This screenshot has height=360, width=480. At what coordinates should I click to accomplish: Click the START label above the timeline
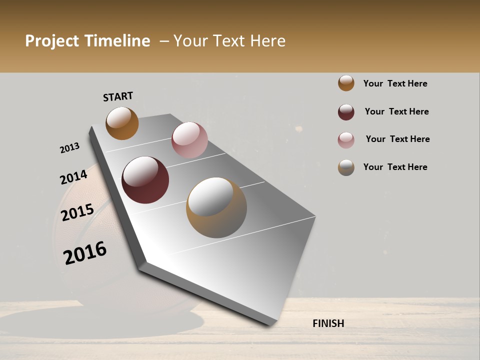[118, 96]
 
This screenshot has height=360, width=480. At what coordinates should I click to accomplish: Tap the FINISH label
[328, 323]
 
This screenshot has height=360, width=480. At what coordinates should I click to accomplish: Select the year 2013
[69, 148]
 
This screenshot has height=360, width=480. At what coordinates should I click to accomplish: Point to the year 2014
[73, 177]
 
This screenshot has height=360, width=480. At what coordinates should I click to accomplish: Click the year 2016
[85, 253]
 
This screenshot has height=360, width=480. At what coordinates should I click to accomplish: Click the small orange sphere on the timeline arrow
[122, 123]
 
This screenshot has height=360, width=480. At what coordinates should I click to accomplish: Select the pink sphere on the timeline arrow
[189, 140]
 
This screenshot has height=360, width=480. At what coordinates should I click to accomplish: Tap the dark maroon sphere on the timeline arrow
[145, 180]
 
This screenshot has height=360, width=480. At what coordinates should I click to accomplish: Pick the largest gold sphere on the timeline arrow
[216, 207]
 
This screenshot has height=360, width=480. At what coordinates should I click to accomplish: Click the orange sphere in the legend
[346, 83]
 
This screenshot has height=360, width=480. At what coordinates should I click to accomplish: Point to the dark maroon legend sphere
[346, 112]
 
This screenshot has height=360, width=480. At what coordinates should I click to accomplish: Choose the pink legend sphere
[346, 140]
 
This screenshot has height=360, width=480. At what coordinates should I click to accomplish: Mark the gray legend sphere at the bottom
[346, 167]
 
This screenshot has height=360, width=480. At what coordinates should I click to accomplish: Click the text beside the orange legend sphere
[395, 83]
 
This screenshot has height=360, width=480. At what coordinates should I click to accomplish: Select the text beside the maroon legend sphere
[396, 111]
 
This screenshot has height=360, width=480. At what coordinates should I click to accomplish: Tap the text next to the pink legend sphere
[397, 139]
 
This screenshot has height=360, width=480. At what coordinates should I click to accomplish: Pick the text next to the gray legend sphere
[395, 167]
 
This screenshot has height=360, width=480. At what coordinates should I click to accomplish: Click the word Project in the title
[52, 41]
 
